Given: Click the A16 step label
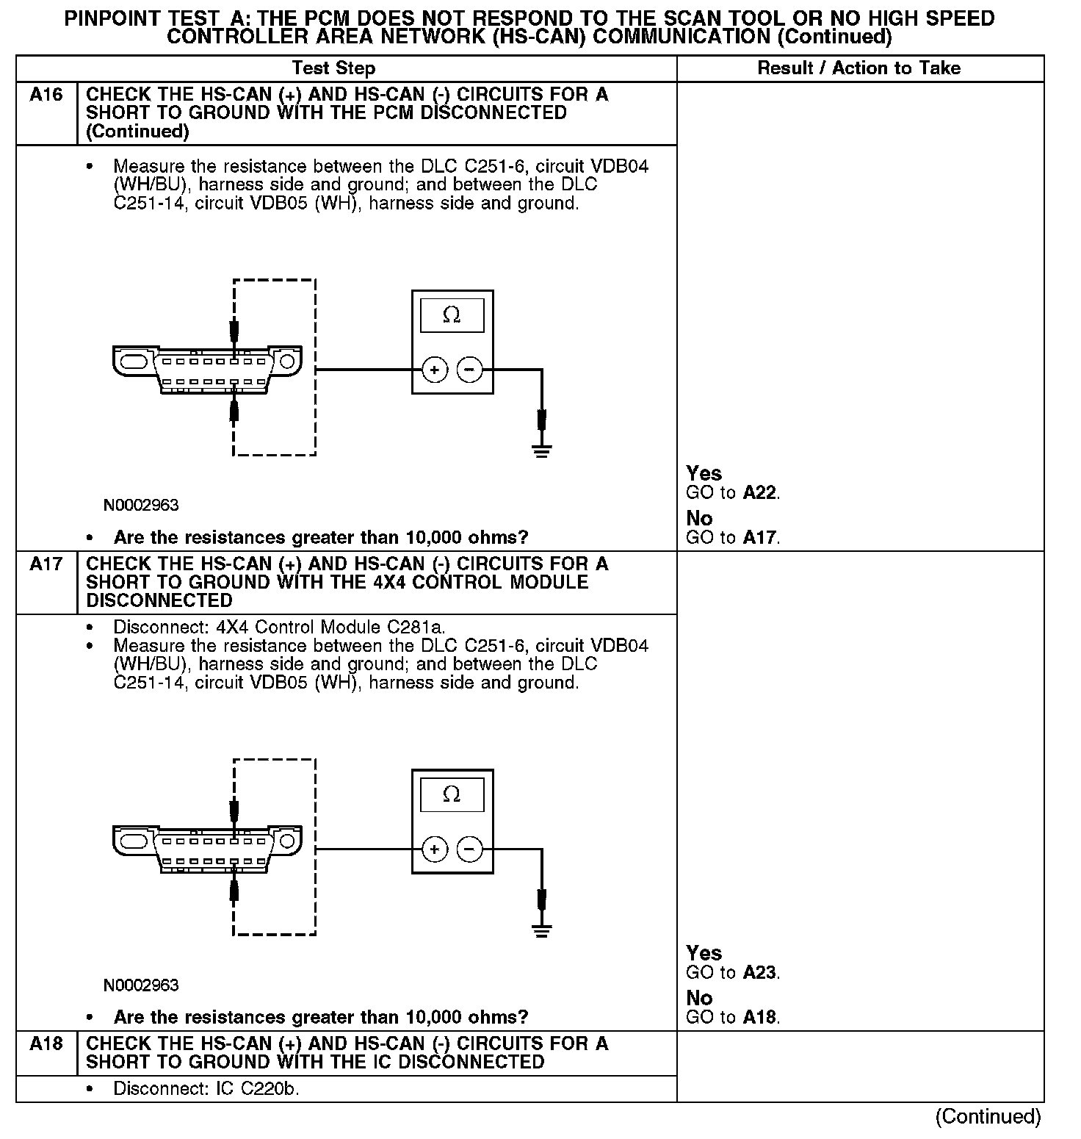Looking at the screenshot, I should click(46, 95).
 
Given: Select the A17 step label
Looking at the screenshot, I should click(46, 564).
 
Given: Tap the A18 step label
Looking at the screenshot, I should click(46, 1044).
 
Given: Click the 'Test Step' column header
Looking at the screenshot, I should click(333, 68).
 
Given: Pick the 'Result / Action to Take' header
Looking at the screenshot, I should click(858, 68).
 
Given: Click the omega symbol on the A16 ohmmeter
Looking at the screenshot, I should click(452, 315).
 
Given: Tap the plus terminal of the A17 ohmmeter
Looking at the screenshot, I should click(435, 850).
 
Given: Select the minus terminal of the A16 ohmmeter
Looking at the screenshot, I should click(470, 370).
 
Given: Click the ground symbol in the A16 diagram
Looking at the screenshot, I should click(542, 450).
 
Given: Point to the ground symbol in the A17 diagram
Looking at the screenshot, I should click(542, 930).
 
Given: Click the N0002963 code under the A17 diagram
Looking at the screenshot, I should click(141, 985).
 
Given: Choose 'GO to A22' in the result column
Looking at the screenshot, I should click(732, 493).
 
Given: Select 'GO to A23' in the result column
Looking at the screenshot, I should click(732, 973).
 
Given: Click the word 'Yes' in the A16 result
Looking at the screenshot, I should click(704, 474).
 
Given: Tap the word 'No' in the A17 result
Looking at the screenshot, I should click(699, 998).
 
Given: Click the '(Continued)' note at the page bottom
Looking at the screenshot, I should click(988, 1117).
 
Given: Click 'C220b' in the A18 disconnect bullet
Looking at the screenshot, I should click(270, 1089).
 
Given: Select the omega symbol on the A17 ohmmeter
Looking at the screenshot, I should click(452, 795).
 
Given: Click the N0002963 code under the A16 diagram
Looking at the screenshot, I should click(141, 506).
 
